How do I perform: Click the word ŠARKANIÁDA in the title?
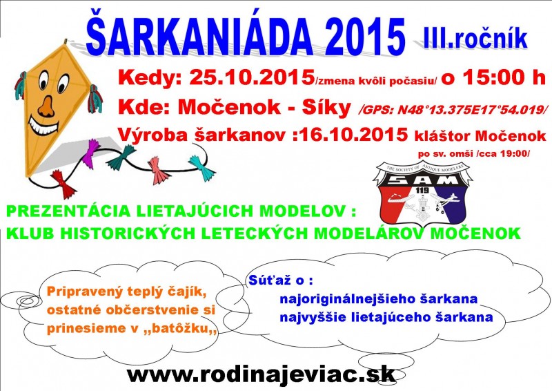click(x=200, y=35)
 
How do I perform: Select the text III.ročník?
click(x=475, y=38)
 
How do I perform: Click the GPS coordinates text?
click(x=453, y=110)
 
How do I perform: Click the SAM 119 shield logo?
click(x=422, y=192)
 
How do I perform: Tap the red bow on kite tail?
click(x=63, y=184)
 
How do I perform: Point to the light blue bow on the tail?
click(x=201, y=167)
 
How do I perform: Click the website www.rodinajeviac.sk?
click(x=261, y=374)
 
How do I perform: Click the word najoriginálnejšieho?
click(x=347, y=299)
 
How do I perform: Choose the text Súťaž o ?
click(x=281, y=280)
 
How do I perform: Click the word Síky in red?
click(x=326, y=107)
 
